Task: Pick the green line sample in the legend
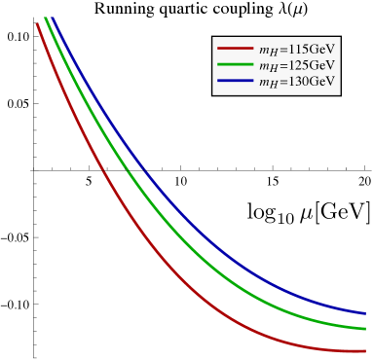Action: point(235,65)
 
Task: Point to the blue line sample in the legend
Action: point(235,82)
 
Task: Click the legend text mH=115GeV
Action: point(297,49)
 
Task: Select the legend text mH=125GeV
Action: point(297,65)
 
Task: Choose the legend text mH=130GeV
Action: point(297,82)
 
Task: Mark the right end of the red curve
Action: point(365,351)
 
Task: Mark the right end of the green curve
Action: point(365,329)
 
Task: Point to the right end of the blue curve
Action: point(365,313)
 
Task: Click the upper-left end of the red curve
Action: point(37,23)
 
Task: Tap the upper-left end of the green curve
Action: point(45,18)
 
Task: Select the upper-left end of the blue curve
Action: point(52,18)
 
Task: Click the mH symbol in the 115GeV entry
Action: point(266,50)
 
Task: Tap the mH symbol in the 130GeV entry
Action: point(266,83)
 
